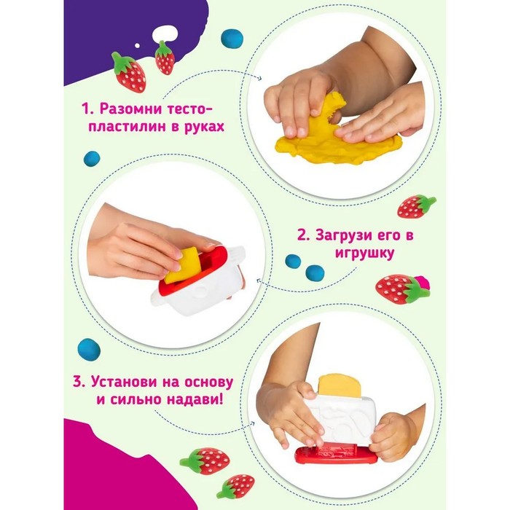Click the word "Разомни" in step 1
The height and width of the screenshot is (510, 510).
tap(130, 109)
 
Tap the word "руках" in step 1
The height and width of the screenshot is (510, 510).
tap(204, 127)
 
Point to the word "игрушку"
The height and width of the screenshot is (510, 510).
tap(364, 253)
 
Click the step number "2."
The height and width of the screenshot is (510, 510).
tap(304, 235)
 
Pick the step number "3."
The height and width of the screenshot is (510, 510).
tap(79, 382)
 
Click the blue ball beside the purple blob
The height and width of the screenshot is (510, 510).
tap(232, 39)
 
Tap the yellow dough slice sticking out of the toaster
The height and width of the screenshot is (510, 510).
tap(340, 386)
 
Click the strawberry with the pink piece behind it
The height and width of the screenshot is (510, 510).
tap(399, 289)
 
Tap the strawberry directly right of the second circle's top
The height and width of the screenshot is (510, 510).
tap(416, 206)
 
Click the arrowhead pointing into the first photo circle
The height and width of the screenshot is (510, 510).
tap(259, 78)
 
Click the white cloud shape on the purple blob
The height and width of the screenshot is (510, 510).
tap(165, 33)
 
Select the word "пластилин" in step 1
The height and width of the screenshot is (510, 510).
tap(130, 127)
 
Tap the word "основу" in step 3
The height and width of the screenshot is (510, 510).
tap(208, 382)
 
